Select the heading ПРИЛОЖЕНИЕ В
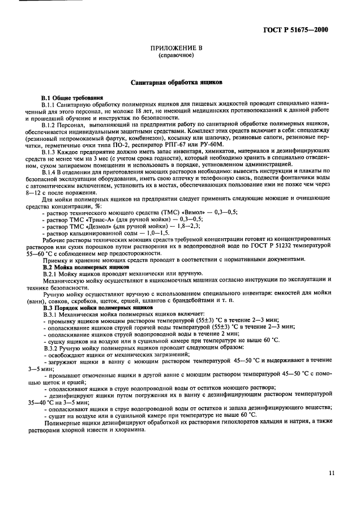(175, 50)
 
